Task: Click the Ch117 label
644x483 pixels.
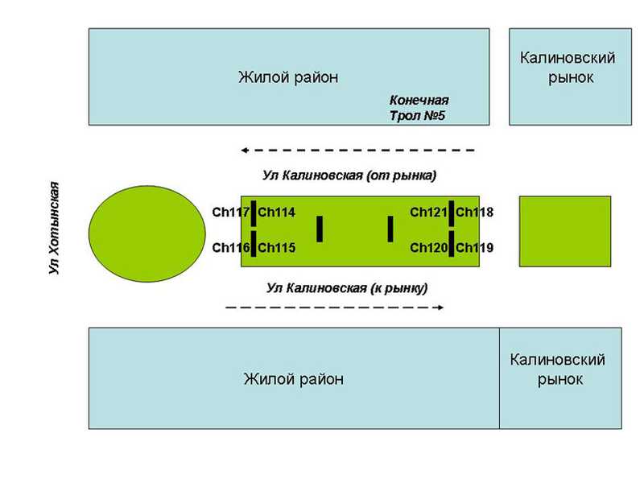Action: coord(231,213)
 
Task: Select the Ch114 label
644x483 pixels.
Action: coord(276,213)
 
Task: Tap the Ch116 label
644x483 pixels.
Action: coord(231,248)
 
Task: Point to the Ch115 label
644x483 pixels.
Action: coord(276,248)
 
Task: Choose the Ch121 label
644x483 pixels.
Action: coord(429,213)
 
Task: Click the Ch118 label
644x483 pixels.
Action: coord(474,213)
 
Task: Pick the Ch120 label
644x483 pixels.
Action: coord(429,248)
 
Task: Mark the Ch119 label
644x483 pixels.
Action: coord(474,248)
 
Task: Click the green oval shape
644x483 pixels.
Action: coord(147,233)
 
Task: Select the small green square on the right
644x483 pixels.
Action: coord(565,232)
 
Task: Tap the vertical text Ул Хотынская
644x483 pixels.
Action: coord(54,228)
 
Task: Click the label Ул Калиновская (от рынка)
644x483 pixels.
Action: coord(349,175)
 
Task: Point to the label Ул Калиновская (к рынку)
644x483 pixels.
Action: coord(347,288)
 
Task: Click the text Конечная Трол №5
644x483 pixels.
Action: coord(419,108)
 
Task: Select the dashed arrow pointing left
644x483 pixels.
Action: coord(357,151)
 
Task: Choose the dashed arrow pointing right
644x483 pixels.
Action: coord(335,308)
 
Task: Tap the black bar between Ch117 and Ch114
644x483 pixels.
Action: coord(254,213)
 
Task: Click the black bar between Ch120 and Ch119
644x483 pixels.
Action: coord(452,244)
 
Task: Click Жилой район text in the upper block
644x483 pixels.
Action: coord(288,77)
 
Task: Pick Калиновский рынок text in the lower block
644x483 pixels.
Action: coord(558,369)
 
